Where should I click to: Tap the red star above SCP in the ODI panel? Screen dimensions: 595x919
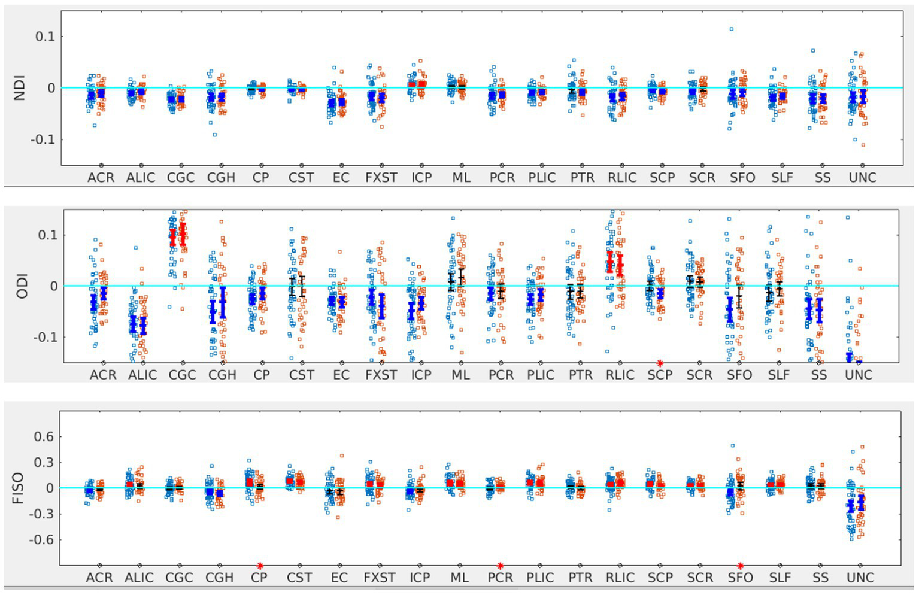coord(660,363)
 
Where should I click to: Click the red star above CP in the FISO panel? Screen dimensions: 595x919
coord(260,566)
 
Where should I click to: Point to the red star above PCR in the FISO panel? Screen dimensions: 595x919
coord(500,566)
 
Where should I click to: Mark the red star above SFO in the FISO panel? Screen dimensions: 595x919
coord(740,566)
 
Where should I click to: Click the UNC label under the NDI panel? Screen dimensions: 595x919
coord(862,178)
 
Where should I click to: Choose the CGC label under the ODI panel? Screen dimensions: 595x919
coord(182,375)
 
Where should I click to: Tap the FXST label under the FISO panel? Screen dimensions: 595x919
coord(380,578)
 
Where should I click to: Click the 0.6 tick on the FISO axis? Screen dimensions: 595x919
coord(44,437)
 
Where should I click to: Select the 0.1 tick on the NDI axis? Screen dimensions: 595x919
coord(45,37)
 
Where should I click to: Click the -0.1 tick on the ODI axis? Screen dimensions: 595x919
coord(43,338)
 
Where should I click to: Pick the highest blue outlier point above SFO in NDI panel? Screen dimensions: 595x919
coord(731,29)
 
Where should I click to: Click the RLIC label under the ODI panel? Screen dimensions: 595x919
coord(620,375)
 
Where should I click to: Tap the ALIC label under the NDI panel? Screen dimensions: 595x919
coord(141,178)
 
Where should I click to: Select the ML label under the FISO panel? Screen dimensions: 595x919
coord(459,578)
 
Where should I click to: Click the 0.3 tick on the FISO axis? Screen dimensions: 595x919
coord(44,463)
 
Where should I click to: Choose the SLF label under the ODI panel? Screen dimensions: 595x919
coord(779,375)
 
